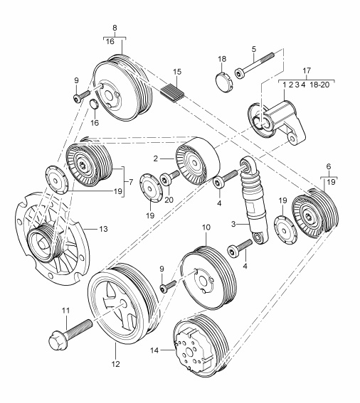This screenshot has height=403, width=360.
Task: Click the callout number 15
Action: coord(177,72)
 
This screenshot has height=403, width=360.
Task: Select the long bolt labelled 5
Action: coord(254,65)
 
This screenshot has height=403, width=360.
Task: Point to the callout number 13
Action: coord(103,229)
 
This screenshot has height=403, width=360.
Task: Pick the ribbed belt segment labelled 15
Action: coord(172,93)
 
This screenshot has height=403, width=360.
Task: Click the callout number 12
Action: coord(116,364)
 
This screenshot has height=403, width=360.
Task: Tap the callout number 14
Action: coord(154,350)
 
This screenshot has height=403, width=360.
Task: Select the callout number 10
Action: coord(206,227)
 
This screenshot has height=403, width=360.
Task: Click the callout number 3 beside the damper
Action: coord(233,224)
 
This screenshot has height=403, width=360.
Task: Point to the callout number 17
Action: coord(307,70)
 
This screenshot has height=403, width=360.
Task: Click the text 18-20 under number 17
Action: coord(319,85)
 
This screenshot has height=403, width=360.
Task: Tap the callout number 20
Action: coord(169,200)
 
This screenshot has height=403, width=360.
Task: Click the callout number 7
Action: coord(131,182)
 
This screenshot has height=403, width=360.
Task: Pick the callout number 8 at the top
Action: coord(115,28)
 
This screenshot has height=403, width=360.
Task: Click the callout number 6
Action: coord(329,166)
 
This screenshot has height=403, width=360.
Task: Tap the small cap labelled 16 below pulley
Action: coord(94,104)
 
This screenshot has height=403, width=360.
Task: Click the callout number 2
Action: coord(155,158)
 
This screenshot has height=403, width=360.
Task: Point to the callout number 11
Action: coord(65,311)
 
